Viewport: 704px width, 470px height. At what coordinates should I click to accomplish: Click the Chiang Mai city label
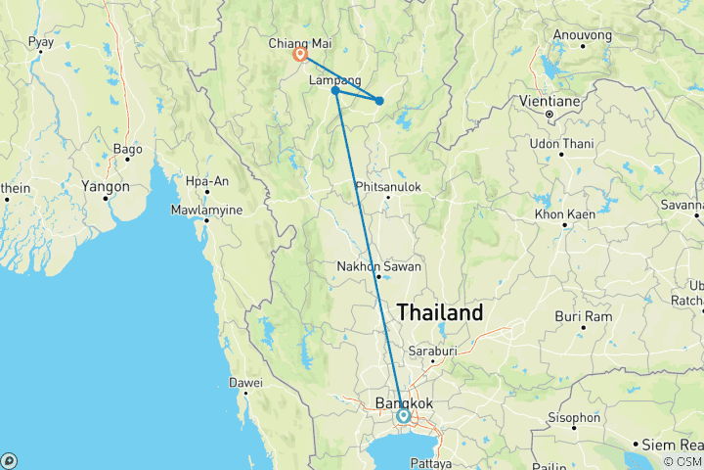[x=299, y=43]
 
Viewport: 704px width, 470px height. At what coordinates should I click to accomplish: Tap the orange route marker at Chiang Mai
[x=300, y=56]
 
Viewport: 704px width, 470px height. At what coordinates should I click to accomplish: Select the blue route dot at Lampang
[x=335, y=91]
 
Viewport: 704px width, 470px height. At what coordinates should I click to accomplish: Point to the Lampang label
[x=335, y=80]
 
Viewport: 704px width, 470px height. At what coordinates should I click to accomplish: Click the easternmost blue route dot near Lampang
[x=379, y=101]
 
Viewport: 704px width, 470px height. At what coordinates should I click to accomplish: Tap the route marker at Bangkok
[x=403, y=416]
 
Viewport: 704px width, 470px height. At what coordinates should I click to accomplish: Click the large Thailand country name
[x=440, y=313]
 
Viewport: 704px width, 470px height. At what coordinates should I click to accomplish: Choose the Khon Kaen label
[x=566, y=213]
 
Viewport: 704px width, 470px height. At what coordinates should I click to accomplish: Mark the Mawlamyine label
[x=208, y=209]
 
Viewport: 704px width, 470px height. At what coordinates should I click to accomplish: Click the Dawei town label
[x=246, y=382]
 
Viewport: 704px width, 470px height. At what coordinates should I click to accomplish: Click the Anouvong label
[x=583, y=35]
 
